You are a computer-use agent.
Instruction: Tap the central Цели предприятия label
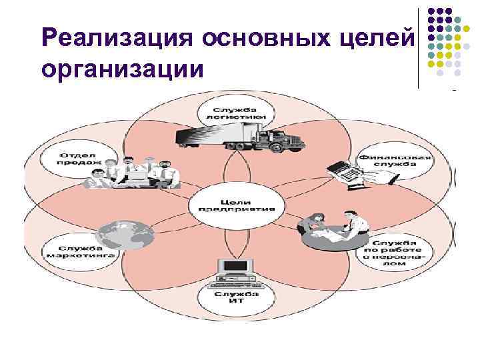pyautogui.click(x=237, y=204)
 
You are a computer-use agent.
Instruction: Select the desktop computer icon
pyautogui.click(x=236, y=270)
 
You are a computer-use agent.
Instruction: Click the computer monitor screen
pyautogui.click(x=236, y=266)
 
